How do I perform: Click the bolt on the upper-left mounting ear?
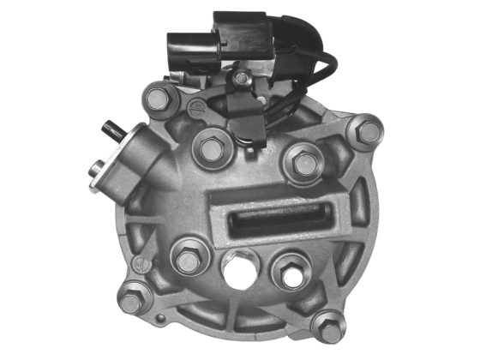[x=158, y=99]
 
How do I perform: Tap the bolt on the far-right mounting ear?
[x=368, y=132]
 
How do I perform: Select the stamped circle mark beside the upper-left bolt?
[x=196, y=108]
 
